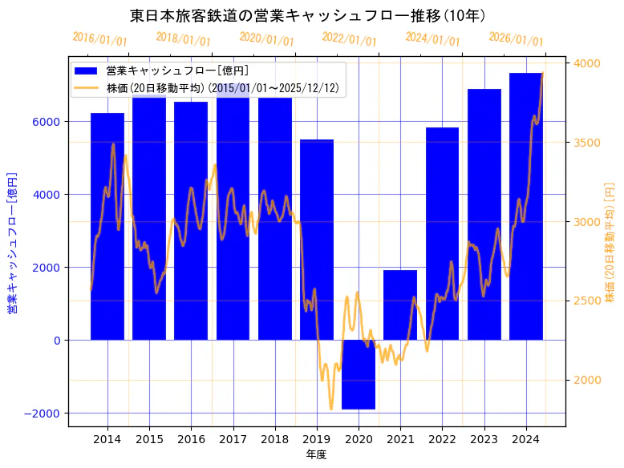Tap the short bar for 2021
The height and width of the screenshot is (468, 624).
pyautogui.click(x=400, y=305)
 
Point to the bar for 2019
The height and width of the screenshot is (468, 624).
pyautogui.click(x=317, y=240)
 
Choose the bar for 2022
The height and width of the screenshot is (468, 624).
pyautogui.click(x=442, y=233)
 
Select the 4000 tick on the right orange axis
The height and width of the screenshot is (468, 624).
pyautogui.click(x=586, y=63)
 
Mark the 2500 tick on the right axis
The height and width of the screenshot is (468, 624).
pyautogui.click(x=586, y=301)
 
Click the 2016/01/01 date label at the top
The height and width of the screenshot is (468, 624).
pyautogui.click(x=99, y=39)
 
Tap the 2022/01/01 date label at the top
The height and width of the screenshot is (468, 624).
pyautogui.click(x=349, y=39)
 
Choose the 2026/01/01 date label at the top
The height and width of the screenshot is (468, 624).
pyautogui.click(x=516, y=39)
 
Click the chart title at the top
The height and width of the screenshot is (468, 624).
pyautogui.click(x=311, y=15)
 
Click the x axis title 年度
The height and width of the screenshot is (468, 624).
pyautogui.click(x=316, y=454)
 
